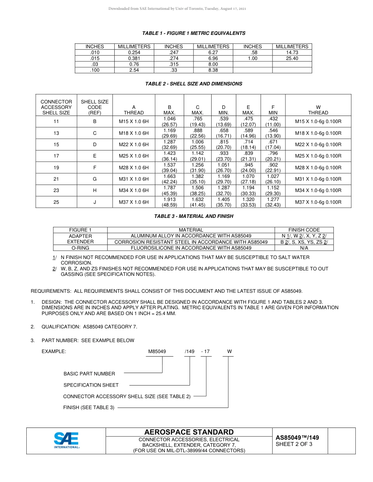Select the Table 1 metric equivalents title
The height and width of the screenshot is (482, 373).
tap(194, 33)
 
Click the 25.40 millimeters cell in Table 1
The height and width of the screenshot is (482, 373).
tap(292, 58)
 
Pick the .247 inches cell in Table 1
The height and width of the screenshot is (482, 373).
tap(174, 53)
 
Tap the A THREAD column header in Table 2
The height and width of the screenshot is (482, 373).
tap(133, 110)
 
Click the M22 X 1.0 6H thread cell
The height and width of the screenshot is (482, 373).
tap(133, 145)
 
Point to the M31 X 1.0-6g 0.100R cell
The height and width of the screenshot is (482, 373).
tap(318, 179)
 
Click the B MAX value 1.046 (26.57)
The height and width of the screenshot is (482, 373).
tap(169, 121)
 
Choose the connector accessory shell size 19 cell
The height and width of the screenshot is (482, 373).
tap(56, 168)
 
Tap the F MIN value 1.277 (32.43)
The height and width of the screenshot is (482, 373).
tap(273, 202)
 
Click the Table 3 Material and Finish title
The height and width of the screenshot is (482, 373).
tap(194, 216)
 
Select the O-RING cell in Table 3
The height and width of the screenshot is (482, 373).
tap(80, 248)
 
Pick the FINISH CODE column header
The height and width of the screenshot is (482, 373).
tap(304, 230)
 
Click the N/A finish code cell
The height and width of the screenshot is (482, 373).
tap(304, 248)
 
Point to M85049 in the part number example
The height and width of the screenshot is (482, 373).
tap(157, 352)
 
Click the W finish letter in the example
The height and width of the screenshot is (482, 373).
tap(229, 352)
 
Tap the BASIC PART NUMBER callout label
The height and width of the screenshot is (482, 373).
tap(89, 374)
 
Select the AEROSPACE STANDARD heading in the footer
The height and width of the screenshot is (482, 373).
tap(189, 432)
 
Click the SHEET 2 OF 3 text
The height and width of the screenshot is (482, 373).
tap(294, 444)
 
